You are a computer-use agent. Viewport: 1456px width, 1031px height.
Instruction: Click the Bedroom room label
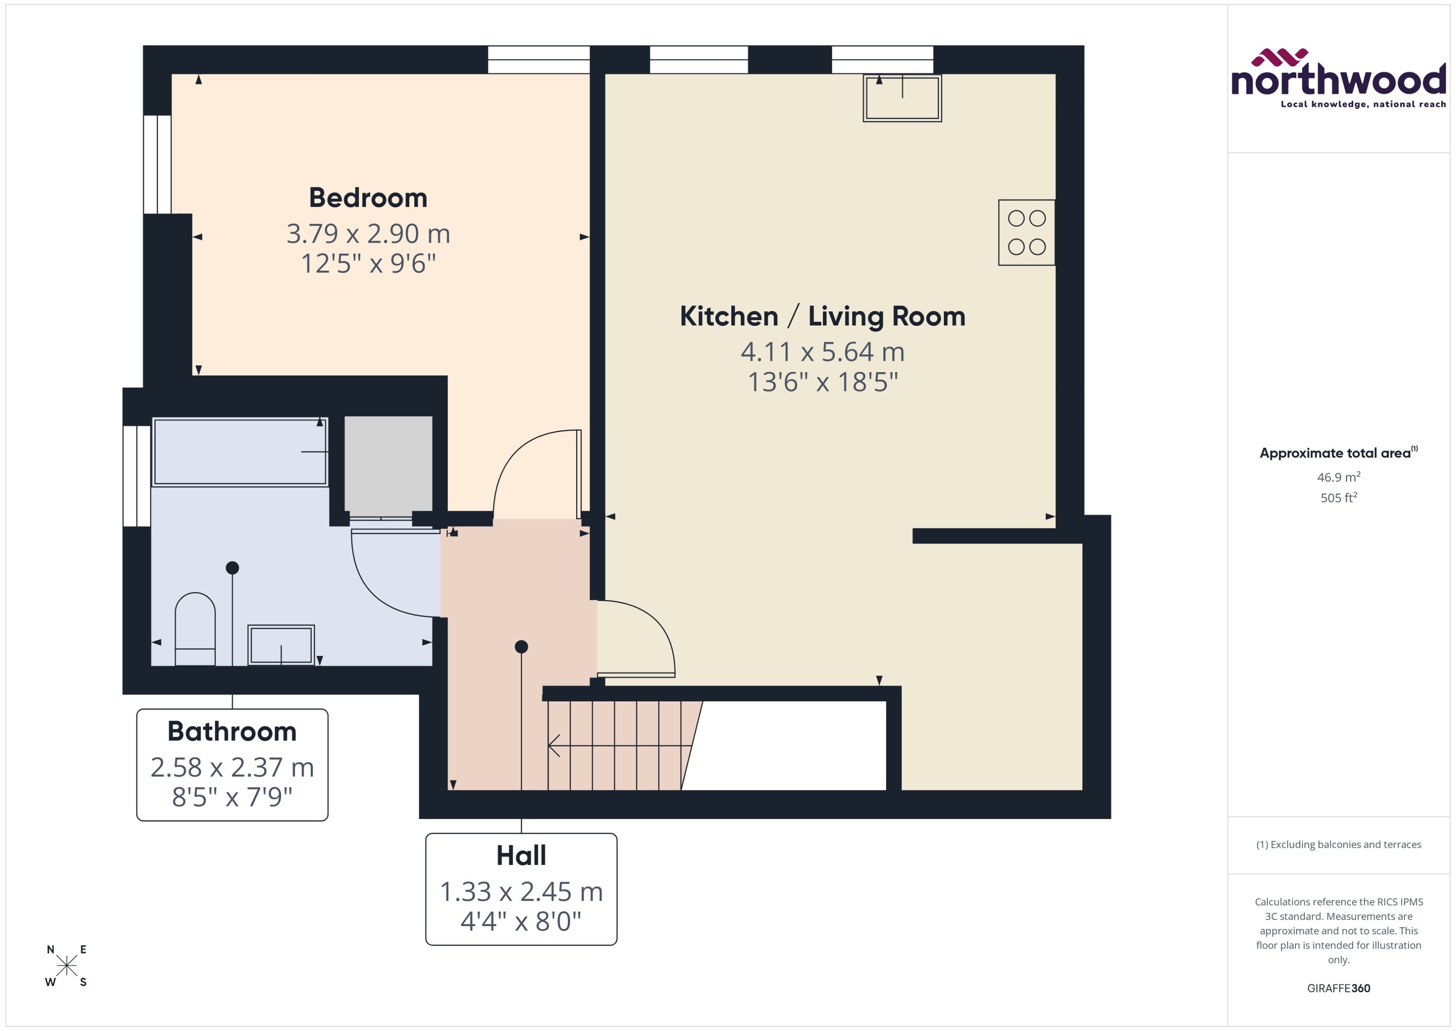[368, 198]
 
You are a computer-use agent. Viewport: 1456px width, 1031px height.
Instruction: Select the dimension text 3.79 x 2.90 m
[368, 234]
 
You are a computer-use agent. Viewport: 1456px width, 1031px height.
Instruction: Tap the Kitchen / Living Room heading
[822, 316]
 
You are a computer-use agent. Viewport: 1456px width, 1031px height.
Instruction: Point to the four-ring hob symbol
[1026, 232]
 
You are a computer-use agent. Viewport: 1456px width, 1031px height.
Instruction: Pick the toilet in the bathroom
[195, 629]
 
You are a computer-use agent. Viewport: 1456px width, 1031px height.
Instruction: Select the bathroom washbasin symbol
[281, 644]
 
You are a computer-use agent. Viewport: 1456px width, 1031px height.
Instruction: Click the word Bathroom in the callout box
[232, 731]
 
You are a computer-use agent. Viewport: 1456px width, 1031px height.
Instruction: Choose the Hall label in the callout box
[521, 856]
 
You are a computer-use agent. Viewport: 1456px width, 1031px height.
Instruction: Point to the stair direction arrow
[619, 745]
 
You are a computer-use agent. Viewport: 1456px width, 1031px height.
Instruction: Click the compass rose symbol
[66, 966]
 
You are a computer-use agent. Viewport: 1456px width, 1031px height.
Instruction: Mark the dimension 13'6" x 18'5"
[822, 382]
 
